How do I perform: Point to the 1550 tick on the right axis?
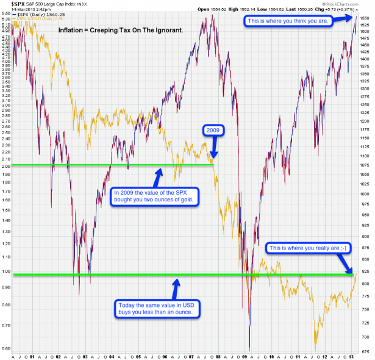[364, 20]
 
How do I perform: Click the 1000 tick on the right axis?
[364, 193]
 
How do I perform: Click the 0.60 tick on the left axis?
[6, 348]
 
